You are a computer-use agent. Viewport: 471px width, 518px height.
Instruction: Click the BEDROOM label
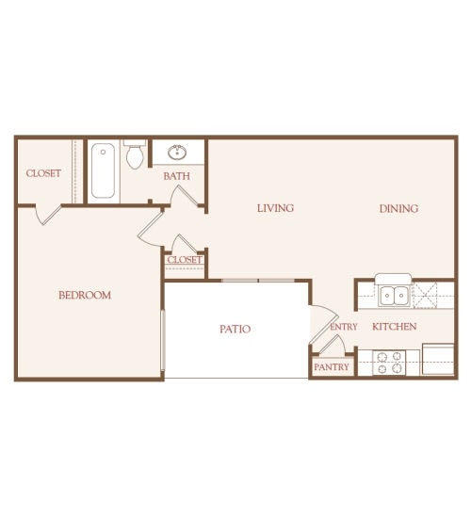tap(85, 295)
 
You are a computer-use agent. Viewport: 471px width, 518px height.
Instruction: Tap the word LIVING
tap(275, 208)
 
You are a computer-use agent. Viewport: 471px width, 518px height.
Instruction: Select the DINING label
tap(398, 208)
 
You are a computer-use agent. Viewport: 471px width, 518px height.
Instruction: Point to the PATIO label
tap(235, 329)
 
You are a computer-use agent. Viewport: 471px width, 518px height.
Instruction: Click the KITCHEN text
tap(394, 327)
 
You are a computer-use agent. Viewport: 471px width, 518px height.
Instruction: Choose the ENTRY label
tap(344, 327)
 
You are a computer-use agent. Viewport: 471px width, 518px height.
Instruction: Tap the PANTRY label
tap(332, 366)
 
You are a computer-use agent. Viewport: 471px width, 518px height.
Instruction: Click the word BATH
tap(176, 176)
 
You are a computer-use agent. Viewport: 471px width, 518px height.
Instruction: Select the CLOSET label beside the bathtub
tap(43, 173)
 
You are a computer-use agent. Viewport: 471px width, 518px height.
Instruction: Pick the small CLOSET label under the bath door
tap(185, 260)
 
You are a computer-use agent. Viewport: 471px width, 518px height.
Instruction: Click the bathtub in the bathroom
tap(105, 170)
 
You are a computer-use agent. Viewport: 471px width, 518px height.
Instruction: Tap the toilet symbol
tap(135, 155)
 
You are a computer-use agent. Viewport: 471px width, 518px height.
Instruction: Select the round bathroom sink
tap(176, 152)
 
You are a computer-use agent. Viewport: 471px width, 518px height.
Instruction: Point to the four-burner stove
tap(390, 363)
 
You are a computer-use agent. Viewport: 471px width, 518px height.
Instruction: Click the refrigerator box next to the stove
tap(438, 360)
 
